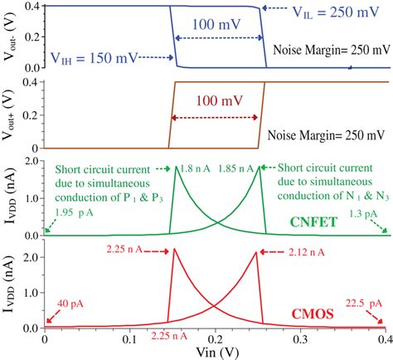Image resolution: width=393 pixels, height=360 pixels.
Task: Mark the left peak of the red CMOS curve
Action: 173,271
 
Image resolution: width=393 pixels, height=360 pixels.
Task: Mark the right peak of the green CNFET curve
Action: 259,168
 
